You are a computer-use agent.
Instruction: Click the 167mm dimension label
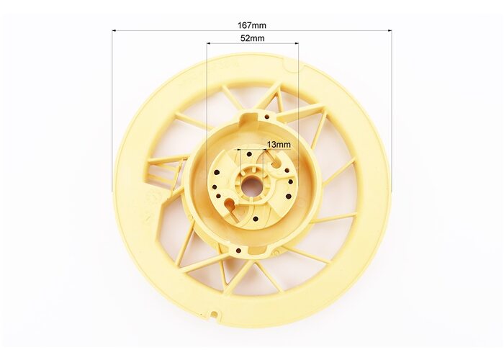[252, 25]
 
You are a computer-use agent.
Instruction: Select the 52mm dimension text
[253, 38]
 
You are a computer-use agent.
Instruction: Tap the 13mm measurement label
[279, 145]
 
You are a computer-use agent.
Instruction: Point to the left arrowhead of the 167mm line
[114, 31]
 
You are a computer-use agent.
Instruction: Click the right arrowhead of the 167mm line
[390, 31]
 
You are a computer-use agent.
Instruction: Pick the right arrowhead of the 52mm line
[297, 43]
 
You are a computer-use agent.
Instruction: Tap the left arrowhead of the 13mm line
[239, 150]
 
